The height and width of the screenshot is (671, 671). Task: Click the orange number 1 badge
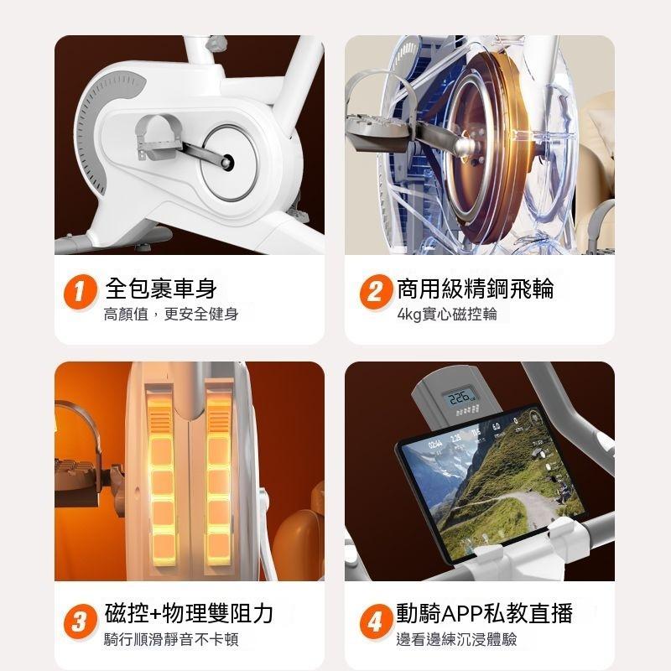pos(80,292)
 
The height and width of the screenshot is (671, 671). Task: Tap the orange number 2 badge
pos(376,292)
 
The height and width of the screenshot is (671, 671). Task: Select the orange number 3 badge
pos(80,622)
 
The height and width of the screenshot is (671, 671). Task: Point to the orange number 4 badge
pos(376,622)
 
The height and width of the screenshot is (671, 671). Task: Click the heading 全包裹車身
pos(161,288)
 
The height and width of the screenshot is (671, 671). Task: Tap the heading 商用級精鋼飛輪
pos(476,288)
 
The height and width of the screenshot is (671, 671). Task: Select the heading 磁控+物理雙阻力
pos(189,613)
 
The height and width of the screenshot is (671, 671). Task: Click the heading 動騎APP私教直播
pos(485,613)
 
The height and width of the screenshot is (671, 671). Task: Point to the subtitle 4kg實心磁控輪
pos(447,314)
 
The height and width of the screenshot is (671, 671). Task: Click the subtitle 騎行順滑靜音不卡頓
pos(171,639)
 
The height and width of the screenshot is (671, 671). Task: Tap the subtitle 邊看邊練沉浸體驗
pos(456,639)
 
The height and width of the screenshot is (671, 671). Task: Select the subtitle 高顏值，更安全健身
pos(171,314)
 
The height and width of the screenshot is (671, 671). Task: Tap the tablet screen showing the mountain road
pos(492,482)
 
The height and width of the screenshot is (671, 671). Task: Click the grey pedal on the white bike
pos(159,137)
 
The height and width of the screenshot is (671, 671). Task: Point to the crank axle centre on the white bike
pos(227,162)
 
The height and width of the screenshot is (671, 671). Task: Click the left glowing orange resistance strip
pos(161,478)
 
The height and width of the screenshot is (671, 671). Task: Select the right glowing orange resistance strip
pos(218,478)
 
